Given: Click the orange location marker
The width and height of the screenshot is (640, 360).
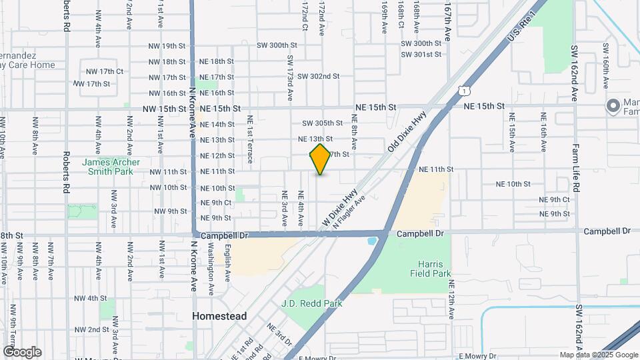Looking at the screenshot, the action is click(321, 159).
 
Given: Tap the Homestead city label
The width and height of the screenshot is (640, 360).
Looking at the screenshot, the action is click(219, 316).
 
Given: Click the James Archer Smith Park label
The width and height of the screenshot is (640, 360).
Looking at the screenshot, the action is click(111, 166).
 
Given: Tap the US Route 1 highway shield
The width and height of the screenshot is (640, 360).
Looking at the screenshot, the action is click(463, 89).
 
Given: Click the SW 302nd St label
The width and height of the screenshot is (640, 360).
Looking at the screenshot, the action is click(319, 77).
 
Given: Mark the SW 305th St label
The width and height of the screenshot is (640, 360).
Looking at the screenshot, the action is click(322, 123).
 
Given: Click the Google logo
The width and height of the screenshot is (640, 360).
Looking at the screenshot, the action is click(22, 352).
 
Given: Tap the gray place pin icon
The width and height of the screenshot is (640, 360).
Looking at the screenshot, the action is click(612, 106).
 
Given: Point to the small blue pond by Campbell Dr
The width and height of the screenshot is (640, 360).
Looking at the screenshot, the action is click(372, 240).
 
